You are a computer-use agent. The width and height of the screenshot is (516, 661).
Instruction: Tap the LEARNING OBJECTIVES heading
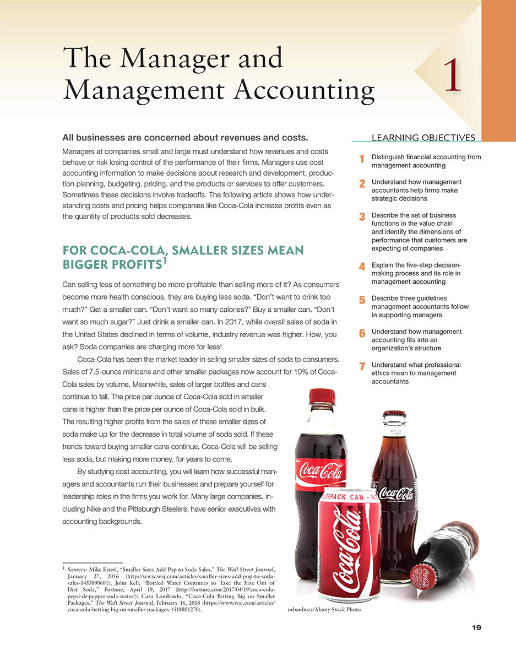[x=423, y=138]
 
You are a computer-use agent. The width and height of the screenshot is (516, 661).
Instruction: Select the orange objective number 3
[x=362, y=217]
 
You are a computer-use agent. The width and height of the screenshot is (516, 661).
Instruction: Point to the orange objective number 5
[x=362, y=300]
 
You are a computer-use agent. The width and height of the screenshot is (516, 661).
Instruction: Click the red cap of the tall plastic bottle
[x=322, y=396]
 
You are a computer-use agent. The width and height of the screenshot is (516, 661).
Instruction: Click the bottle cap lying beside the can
[x=425, y=578]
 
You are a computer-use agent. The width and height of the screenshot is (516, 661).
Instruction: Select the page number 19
[x=476, y=628]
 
